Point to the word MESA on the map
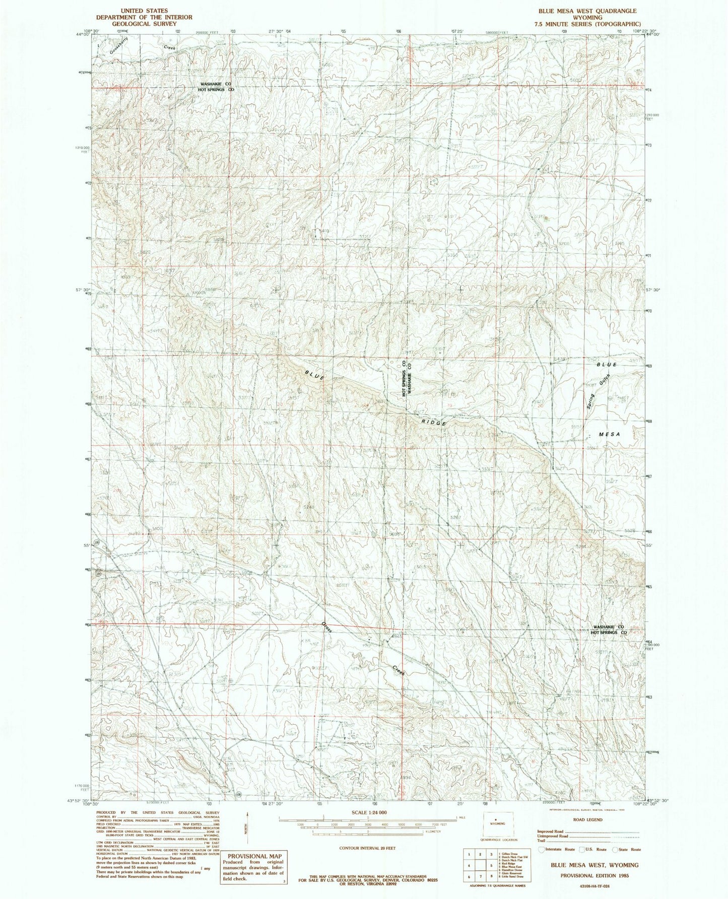609,434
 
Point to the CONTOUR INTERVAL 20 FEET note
367,848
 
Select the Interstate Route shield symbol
542,849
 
